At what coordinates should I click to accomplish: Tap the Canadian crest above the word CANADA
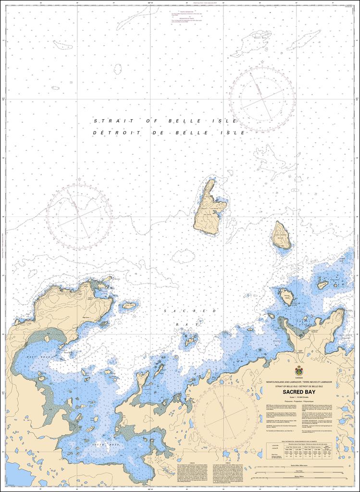click(x=299, y=371)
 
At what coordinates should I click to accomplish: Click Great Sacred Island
click(x=209, y=208)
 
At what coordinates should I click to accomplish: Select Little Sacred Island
click(x=281, y=235)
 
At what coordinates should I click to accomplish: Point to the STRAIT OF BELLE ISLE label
click(x=165, y=122)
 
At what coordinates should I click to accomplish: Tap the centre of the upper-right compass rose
click(x=262, y=99)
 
